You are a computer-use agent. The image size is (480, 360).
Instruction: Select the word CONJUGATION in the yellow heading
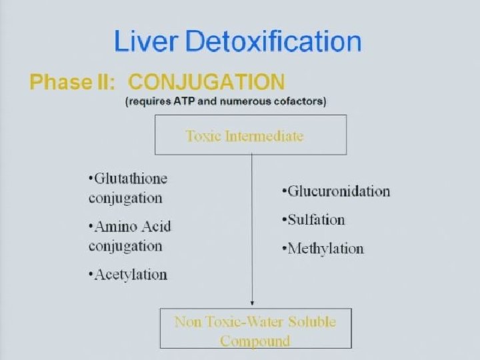tap(206, 83)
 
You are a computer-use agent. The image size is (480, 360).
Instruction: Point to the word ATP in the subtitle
tap(177, 101)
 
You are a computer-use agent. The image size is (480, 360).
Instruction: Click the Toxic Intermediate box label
tap(244, 136)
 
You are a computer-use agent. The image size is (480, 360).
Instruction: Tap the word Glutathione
tap(130, 179)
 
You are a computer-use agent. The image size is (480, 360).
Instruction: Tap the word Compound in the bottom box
tap(255, 341)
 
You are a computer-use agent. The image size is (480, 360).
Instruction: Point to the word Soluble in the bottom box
tap(310, 322)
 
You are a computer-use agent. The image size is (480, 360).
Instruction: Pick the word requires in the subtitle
tap(147, 101)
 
